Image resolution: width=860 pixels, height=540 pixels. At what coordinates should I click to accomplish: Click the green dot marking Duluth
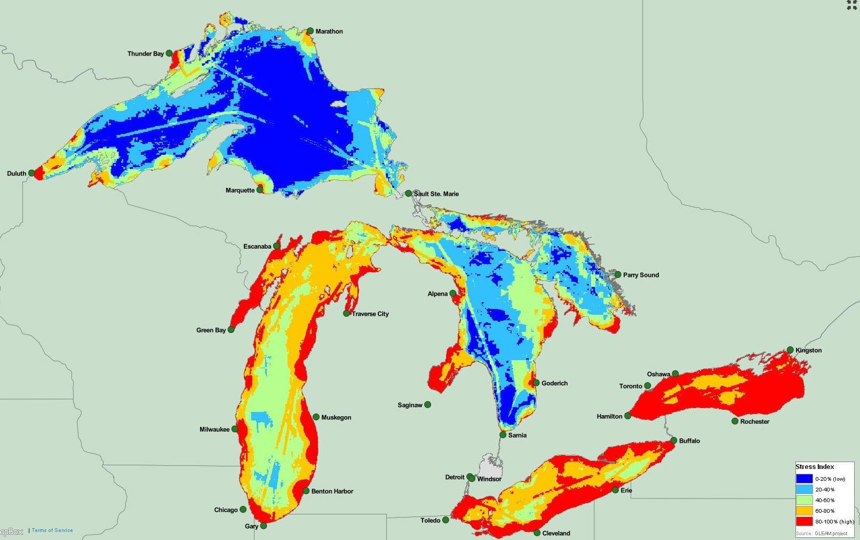coord(31,173)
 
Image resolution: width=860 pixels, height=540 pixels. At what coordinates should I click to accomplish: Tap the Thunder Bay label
coord(145,53)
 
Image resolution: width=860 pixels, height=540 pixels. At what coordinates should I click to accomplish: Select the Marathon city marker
coord(310,31)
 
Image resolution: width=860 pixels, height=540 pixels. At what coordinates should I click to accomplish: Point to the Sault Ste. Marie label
coord(436,194)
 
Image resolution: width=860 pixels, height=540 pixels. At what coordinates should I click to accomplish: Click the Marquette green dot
coord(260,190)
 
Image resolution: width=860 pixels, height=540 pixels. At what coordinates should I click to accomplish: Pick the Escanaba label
coord(257,247)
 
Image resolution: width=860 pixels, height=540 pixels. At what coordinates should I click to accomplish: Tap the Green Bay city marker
coord(231,330)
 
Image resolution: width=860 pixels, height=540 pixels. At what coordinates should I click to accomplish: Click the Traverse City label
coord(370,314)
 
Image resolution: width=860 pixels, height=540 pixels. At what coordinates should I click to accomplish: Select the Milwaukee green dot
coord(235,429)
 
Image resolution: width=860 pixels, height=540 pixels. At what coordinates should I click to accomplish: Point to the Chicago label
coord(226,510)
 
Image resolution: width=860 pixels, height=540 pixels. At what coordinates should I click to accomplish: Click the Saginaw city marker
coord(427,404)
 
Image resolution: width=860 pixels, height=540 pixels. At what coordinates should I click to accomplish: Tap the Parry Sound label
coord(641,275)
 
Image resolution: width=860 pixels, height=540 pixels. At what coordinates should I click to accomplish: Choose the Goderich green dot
coord(536,383)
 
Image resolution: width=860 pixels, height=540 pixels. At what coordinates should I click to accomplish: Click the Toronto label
coord(631,386)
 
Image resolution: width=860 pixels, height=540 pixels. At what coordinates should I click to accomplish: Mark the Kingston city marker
coord(790,350)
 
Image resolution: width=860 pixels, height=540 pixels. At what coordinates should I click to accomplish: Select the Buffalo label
coord(689,441)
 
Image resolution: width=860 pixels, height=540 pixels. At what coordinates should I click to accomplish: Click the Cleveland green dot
coord(537,533)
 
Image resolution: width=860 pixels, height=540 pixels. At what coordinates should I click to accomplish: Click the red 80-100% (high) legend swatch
coord(804,521)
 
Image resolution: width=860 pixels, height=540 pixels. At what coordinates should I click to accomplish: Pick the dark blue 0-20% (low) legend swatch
coord(804,479)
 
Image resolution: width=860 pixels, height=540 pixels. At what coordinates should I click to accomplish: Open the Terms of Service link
coord(52,530)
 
